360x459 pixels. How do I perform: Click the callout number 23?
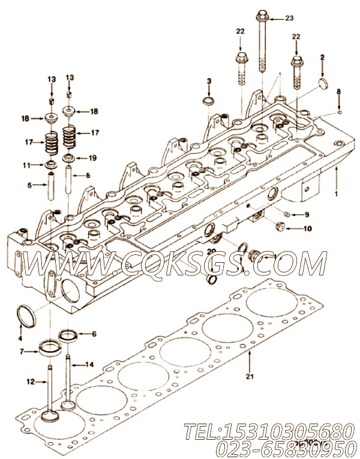coord(290,19)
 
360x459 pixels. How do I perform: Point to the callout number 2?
coord(322,57)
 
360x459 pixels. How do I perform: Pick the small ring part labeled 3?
coord(209,100)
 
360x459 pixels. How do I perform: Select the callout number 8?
coord(338,91)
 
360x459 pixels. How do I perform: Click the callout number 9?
coord(306,214)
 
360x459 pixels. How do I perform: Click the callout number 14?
coord(89,364)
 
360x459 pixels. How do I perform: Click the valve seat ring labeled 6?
coord(67,334)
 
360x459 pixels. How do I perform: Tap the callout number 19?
coord(92,158)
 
